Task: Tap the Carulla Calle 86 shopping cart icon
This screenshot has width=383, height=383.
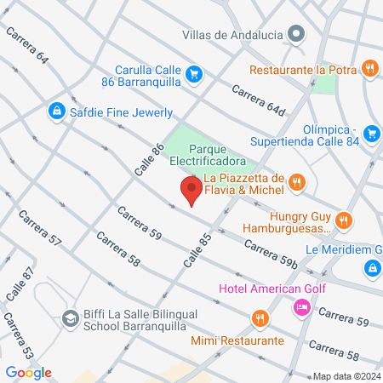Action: (195, 74)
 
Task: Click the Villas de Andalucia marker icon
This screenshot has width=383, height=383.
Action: (296, 35)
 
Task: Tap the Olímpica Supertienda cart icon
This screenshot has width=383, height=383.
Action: (371, 134)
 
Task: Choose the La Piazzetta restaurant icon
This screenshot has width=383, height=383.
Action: (296, 180)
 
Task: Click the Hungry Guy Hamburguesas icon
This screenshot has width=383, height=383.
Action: (343, 220)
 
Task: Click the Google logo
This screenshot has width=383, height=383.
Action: (28, 372)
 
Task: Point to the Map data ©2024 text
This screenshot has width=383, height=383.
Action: (345, 376)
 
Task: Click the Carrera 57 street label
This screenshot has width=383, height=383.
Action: (38, 229)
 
